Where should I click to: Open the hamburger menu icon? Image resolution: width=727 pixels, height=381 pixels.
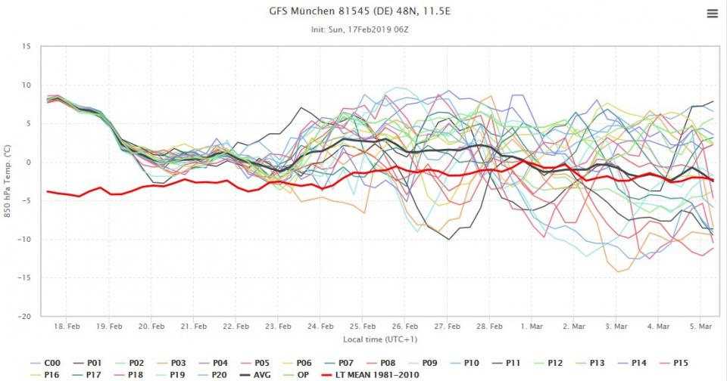coord(712,14)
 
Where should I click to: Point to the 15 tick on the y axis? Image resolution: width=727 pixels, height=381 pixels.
coord(26,46)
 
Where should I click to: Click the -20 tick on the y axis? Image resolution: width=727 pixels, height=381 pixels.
coord(24,316)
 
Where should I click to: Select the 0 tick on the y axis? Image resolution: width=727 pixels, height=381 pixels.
coord(28,162)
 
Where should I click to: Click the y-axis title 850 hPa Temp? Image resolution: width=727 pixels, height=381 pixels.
coord(7,181)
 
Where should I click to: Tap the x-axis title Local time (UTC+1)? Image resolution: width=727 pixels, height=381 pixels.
coord(380,339)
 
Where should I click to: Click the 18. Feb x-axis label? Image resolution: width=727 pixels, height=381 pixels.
coord(67,327)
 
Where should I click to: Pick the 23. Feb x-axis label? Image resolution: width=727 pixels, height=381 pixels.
coord(279,327)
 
